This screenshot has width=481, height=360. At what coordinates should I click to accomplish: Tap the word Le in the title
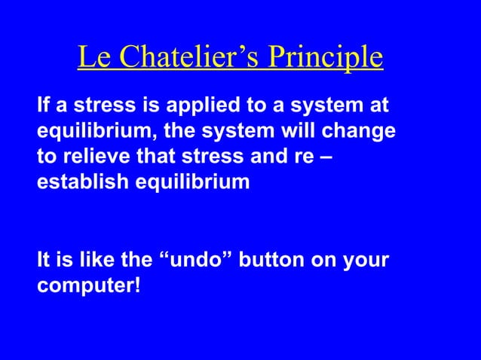(x=93, y=58)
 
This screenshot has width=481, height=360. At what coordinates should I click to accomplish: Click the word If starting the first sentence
(x=44, y=106)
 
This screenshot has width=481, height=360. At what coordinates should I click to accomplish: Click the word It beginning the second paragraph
(x=44, y=261)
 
